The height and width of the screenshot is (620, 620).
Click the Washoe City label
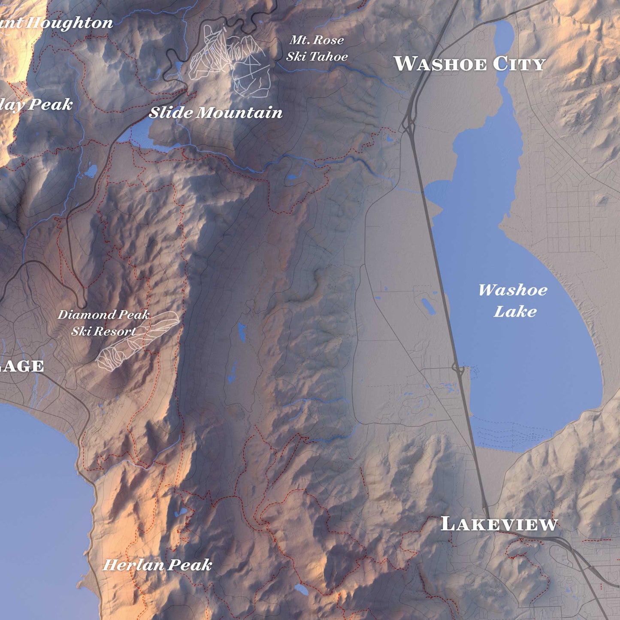coord(469,64)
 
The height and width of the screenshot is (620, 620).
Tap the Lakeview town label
coord(499,524)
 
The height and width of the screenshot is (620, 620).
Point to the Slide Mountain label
coord(215,113)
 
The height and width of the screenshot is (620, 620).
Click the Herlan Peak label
coord(157,565)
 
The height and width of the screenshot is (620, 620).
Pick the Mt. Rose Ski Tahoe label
coord(317,48)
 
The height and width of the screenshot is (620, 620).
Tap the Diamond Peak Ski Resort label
coord(103,323)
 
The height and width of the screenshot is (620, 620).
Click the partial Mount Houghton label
coord(56,23)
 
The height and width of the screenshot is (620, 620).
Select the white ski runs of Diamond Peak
coord(136,340)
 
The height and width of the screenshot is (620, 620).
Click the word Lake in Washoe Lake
coord(515,312)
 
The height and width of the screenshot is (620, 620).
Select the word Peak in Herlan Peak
coord(190,565)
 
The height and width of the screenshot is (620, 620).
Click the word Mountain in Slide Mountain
coord(239,113)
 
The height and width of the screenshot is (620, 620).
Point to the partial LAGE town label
coord(21,366)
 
